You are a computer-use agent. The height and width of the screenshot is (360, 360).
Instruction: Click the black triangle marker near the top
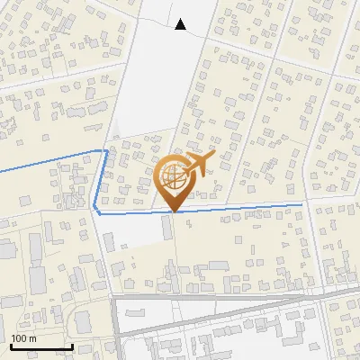point(181,24)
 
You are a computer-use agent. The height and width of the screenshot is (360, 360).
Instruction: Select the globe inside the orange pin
point(173,175)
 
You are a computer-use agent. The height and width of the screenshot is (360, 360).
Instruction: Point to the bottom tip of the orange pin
point(173,211)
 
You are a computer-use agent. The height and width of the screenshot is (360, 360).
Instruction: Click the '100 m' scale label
point(23,338)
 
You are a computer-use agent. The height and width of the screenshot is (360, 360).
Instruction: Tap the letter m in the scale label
point(32,338)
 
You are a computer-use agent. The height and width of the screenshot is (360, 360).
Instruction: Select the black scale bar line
point(41,346)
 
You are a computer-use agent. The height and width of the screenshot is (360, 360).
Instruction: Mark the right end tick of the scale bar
point(72,345)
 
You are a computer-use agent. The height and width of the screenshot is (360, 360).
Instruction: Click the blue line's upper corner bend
point(106,150)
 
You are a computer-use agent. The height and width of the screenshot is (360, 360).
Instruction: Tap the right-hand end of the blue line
point(301,205)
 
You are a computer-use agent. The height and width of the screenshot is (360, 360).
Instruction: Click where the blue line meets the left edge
point(1,169)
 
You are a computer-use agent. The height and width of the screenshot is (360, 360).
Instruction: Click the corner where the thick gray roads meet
point(116,297)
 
